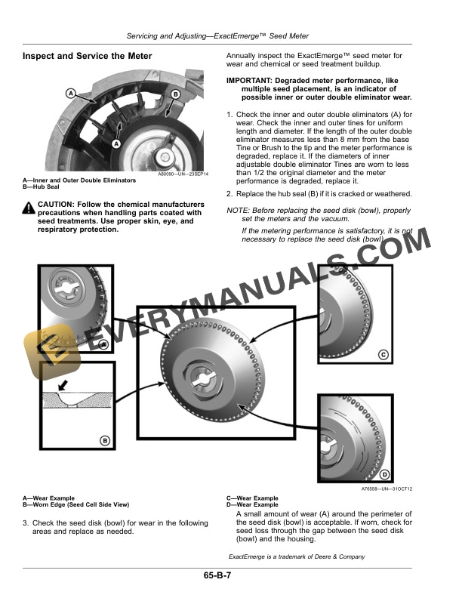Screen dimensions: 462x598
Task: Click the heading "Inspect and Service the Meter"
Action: pyautogui.click(x=88, y=56)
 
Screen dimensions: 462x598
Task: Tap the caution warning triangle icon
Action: pyautogui.click(x=28, y=208)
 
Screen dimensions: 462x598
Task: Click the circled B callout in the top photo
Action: pyautogui.click(x=175, y=94)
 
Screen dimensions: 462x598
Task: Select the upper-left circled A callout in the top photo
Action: pyautogui.click(x=70, y=93)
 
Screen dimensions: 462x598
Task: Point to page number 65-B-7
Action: pyautogui.click(x=217, y=575)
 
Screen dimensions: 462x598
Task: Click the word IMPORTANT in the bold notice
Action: pyautogui.click(x=249, y=81)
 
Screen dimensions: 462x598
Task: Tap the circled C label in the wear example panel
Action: pyautogui.click(x=383, y=355)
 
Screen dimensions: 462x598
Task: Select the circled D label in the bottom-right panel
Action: pyautogui.click(x=384, y=474)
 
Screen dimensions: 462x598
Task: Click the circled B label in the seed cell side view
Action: pyautogui.click(x=105, y=441)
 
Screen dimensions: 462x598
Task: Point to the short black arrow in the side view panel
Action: pyautogui.click(x=63, y=385)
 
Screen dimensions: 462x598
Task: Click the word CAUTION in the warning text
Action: pyautogui.click(x=55, y=205)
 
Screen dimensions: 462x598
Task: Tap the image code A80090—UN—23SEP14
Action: pyautogui.click(x=183, y=174)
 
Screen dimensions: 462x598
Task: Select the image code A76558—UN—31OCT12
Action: pyautogui.click(x=387, y=489)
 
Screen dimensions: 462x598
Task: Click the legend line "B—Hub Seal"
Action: pyautogui.click(x=42, y=187)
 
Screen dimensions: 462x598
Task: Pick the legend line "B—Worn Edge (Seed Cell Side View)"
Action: pyautogui.click(x=75, y=504)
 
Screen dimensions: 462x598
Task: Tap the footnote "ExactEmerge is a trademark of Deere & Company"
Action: pyautogui.click(x=297, y=556)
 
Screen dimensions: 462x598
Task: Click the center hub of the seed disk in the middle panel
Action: pyautogui.click(x=202, y=380)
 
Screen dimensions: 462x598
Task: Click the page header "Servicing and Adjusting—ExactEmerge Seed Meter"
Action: pyautogui.click(x=217, y=36)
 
